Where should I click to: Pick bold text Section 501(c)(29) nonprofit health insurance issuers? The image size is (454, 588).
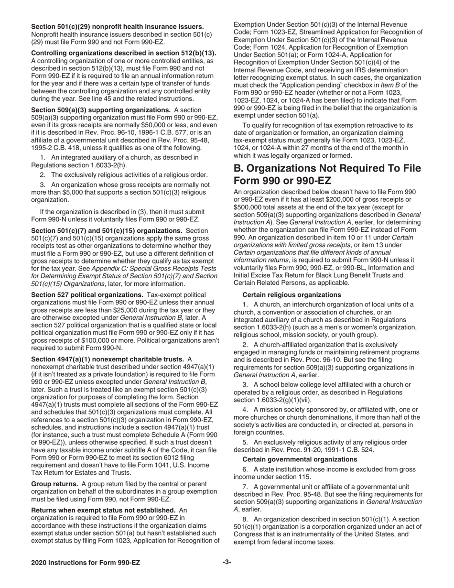click(x=118, y=27)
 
